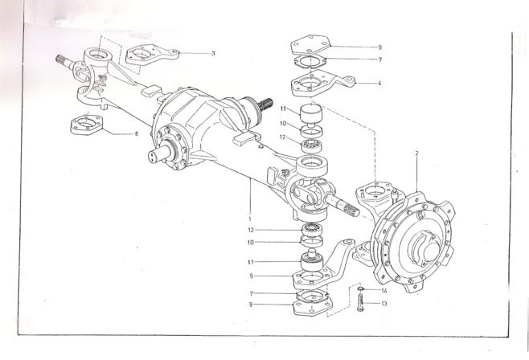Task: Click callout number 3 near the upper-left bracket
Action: click(x=213, y=53)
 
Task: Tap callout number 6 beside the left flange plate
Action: click(x=137, y=134)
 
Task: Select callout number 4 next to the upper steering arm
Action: click(x=379, y=83)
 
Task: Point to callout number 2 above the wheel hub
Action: click(x=416, y=153)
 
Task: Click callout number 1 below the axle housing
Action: click(x=250, y=219)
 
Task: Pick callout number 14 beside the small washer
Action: click(x=384, y=291)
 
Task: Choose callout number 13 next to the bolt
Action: click(x=384, y=304)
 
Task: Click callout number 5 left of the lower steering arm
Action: click(x=252, y=276)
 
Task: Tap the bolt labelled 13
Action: click(x=360, y=302)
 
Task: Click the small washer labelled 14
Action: click(x=360, y=288)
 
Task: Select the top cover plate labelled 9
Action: click(x=311, y=45)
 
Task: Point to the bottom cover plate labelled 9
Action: click(x=313, y=307)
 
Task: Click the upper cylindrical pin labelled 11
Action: click(x=311, y=112)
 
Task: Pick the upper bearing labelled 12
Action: click(x=312, y=146)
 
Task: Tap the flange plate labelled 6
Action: click(x=86, y=125)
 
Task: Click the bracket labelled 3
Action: click(x=152, y=55)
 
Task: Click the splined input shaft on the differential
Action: click(x=265, y=104)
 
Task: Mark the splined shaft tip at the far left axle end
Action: click(x=62, y=61)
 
